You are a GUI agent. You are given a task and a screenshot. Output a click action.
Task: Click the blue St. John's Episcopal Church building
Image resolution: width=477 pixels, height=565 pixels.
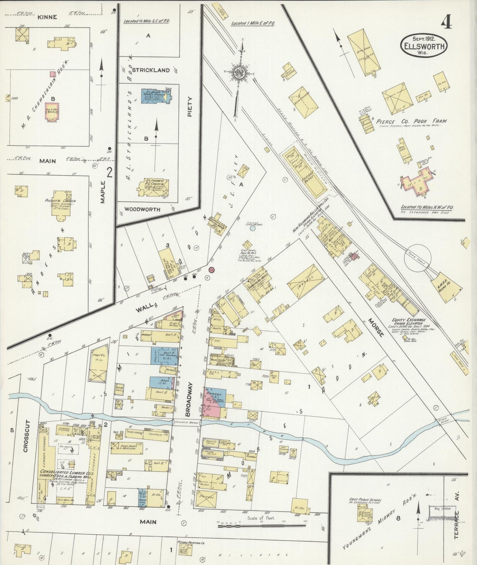click(156, 97)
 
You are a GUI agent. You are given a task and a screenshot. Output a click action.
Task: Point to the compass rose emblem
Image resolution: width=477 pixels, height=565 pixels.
click(238, 73)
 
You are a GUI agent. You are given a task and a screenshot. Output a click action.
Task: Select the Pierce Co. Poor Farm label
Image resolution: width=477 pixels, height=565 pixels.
click(411, 121)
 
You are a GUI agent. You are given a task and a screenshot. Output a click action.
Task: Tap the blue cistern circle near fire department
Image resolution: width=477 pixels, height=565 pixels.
click(253, 228)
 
